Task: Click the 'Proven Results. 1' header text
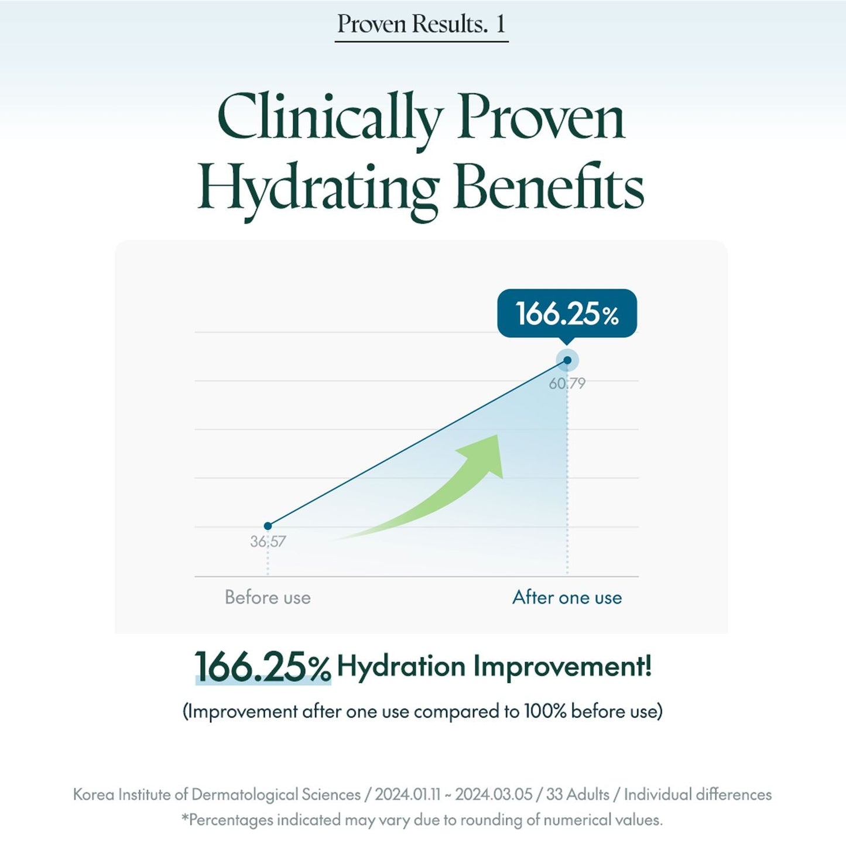(x=421, y=24)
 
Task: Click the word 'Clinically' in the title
(x=328, y=118)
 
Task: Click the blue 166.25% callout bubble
(x=567, y=313)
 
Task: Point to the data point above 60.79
(x=567, y=360)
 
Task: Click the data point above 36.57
(x=268, y=526)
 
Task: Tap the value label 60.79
(x=567, y=383)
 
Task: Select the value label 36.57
(x=268, y=542)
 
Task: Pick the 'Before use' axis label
(x=268, y=597)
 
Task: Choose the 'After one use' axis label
(x=567, y=597)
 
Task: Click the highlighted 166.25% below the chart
(x=262, y=667)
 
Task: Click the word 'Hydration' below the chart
(x=401, y=666)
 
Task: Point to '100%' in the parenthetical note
(x=545, y=711)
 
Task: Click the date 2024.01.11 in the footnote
(x=407, y=794)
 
